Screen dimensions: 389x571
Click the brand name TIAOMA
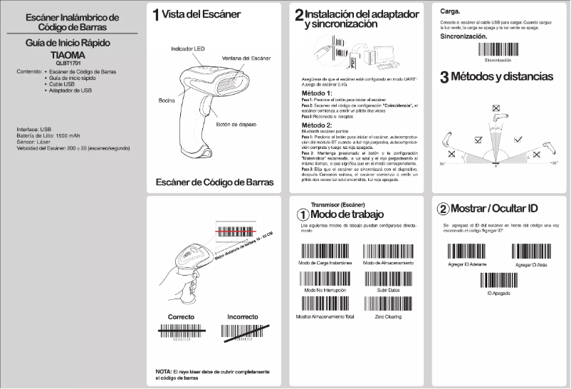[69, 54]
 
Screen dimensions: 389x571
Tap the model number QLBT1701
[69, 63]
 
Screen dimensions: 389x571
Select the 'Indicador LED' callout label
[189, 48]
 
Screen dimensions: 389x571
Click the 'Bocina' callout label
[166, 101]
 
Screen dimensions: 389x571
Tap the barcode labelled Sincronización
[498, 51]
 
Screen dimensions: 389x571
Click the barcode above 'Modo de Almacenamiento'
[387, 252]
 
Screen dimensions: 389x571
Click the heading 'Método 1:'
[317, 93]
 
